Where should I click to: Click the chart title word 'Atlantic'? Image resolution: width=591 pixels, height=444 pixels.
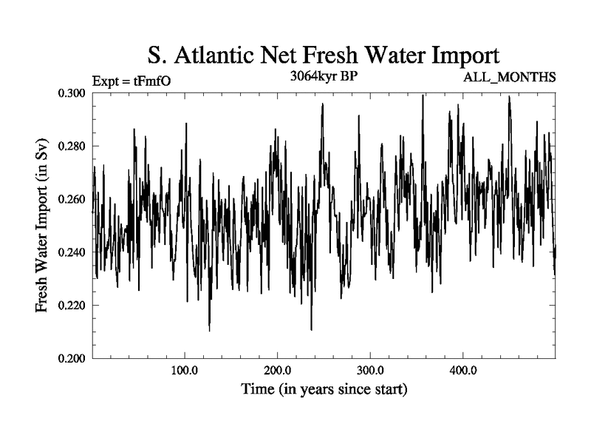click(230, 55)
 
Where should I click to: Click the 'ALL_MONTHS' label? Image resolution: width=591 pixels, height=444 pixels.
click(509, 77)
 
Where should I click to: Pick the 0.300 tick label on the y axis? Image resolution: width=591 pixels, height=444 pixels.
click(72, 93)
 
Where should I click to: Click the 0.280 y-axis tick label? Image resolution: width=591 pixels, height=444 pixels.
click(72, 147)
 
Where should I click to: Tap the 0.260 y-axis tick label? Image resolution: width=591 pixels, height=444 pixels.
click(72, 199)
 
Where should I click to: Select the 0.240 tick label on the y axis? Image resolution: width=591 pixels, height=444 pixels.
click(72, 252)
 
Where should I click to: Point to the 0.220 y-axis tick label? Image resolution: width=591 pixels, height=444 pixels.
click(72, 306)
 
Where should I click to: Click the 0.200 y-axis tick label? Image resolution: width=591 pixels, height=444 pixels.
click(72, 359)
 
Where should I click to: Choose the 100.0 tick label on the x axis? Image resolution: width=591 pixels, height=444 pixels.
click(184, 370)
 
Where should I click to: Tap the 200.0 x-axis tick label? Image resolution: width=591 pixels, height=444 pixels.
click(277, 370)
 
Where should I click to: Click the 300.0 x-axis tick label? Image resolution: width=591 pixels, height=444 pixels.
click(369, 370)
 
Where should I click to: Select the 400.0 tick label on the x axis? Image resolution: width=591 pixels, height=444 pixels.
click(462, 370)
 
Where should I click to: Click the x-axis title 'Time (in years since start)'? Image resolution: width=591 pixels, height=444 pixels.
click(324, 388)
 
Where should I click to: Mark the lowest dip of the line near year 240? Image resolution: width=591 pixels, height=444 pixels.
click(311, 329)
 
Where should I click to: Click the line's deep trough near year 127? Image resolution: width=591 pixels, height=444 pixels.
click(209, 331)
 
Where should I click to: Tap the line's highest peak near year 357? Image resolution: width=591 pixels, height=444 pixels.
click(423, 95)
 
